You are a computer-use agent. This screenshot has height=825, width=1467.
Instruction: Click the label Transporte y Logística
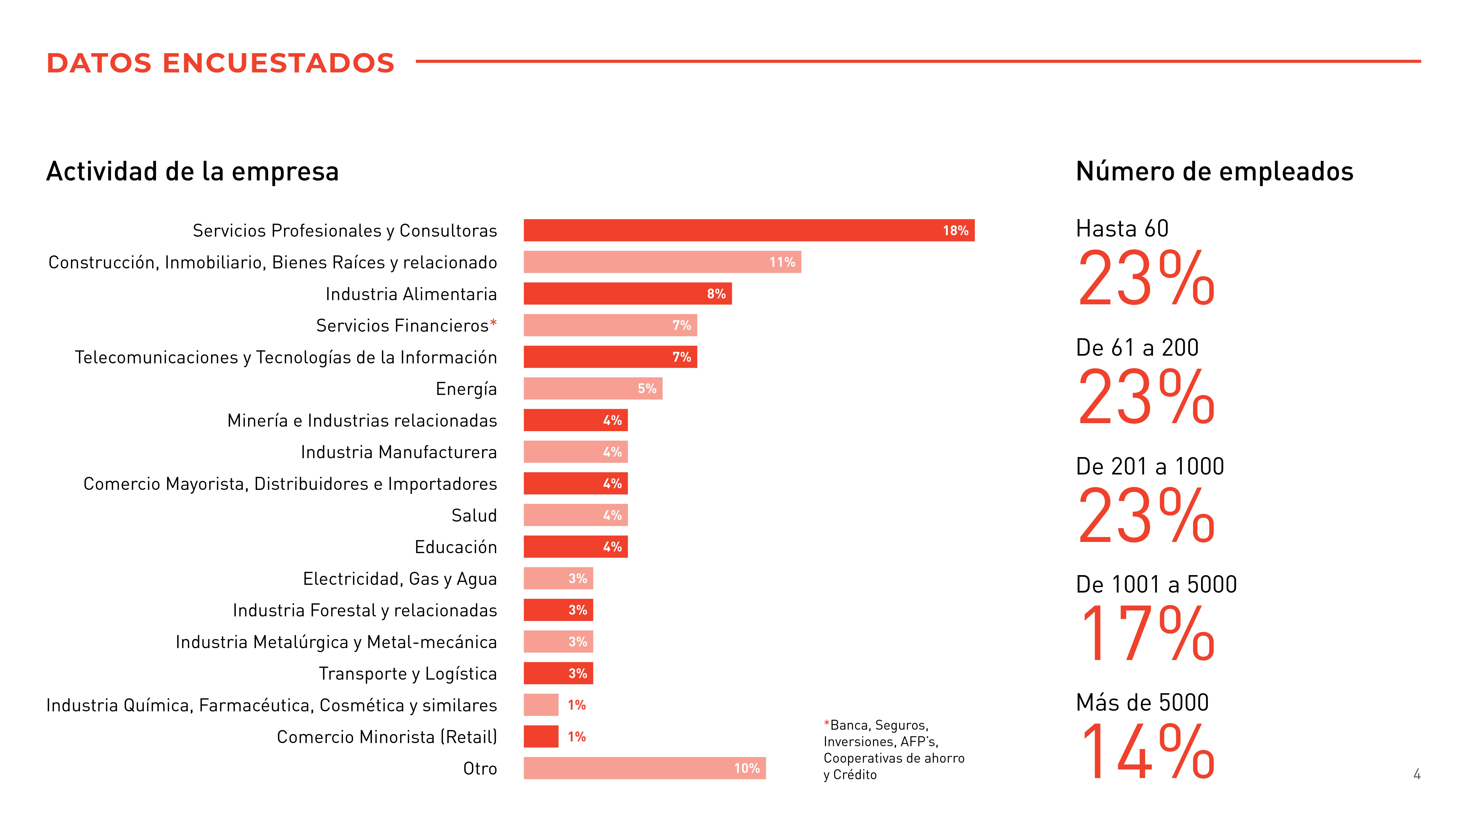[408, 674]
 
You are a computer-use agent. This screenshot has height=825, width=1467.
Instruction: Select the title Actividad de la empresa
[193, 171]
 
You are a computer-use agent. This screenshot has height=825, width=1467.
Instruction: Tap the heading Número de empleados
[1214, 171]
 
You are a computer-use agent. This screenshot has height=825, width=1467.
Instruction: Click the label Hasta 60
[1122, 228]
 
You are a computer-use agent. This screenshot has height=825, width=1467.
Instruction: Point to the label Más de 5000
[1142, 703]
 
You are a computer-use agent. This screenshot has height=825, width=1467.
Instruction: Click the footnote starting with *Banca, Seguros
[893, 749]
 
